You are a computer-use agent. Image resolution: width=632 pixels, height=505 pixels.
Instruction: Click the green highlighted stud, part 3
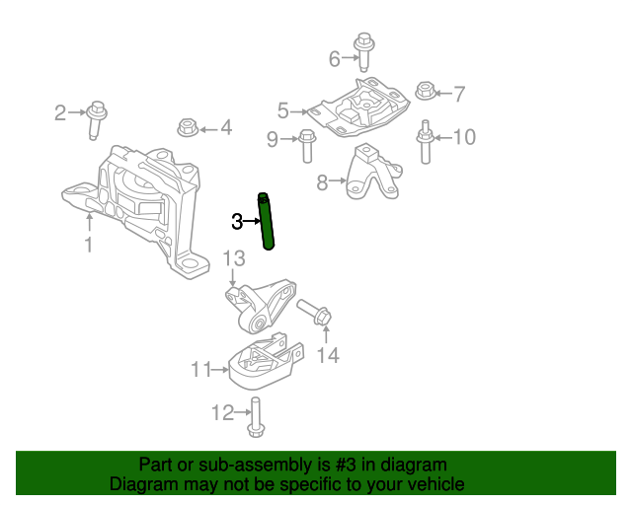click(x=267, y=222)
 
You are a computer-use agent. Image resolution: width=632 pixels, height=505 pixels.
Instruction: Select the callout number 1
click(x=89, y=244)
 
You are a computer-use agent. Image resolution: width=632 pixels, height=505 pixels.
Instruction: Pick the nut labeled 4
click(x=189, y=127)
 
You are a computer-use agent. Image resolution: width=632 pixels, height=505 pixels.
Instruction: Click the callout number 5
click(x=283, y=111)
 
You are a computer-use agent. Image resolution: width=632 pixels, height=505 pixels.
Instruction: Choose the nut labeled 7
click(x=424, y=93)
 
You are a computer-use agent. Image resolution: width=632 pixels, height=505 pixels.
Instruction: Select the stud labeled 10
click(x=426, y=142)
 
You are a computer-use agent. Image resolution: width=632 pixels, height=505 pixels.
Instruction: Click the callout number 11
click(x=201, y=370)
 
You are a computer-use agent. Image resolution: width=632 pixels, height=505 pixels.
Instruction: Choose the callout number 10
click(x=463, y=137)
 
